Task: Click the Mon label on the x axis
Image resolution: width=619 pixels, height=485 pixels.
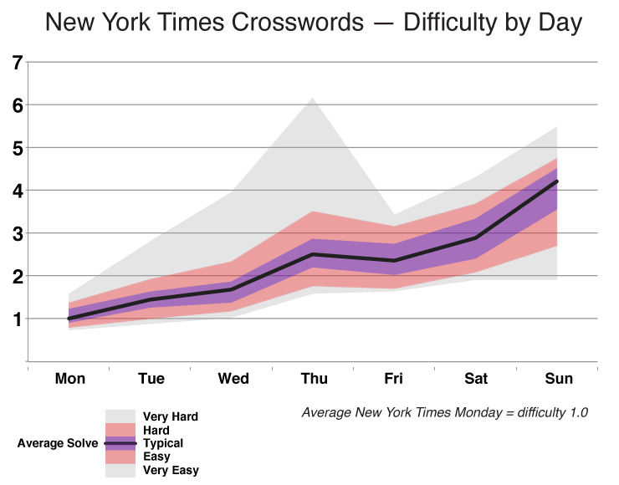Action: click(x=70, y=379)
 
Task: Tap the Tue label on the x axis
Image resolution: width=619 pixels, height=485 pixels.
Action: click(x=151, y=379)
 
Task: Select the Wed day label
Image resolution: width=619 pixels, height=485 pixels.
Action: click(x=233, y=379)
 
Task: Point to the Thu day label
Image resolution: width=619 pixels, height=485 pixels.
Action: click(x=315, y=379)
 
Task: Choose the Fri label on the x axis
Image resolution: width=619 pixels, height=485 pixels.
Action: click(x=394, y=379)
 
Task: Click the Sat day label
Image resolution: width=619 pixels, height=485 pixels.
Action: click(x=476, y=379)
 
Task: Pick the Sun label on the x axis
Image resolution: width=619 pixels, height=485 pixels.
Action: click(x=558, y=379)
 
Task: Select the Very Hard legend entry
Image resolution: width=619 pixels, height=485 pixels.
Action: click(x=171, y=416)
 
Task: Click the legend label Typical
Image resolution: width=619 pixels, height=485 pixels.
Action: click(x=163, y=443)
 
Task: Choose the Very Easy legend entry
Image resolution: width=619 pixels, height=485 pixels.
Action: click(x=171, y=471)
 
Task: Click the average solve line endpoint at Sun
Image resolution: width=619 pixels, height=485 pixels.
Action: click(x=557, y=181)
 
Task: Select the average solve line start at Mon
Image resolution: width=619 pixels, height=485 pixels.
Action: click(x=69, y=319)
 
